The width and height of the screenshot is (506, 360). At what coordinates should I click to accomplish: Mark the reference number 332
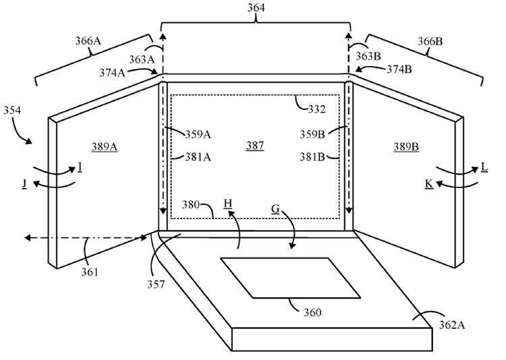click(x=316, y=109)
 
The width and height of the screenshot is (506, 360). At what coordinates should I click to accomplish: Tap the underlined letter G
click(x=275, y=210)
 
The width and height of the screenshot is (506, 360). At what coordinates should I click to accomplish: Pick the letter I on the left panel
click(x=80, y=165)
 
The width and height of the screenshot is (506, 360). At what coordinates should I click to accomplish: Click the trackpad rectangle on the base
click(x=290, y=277)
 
